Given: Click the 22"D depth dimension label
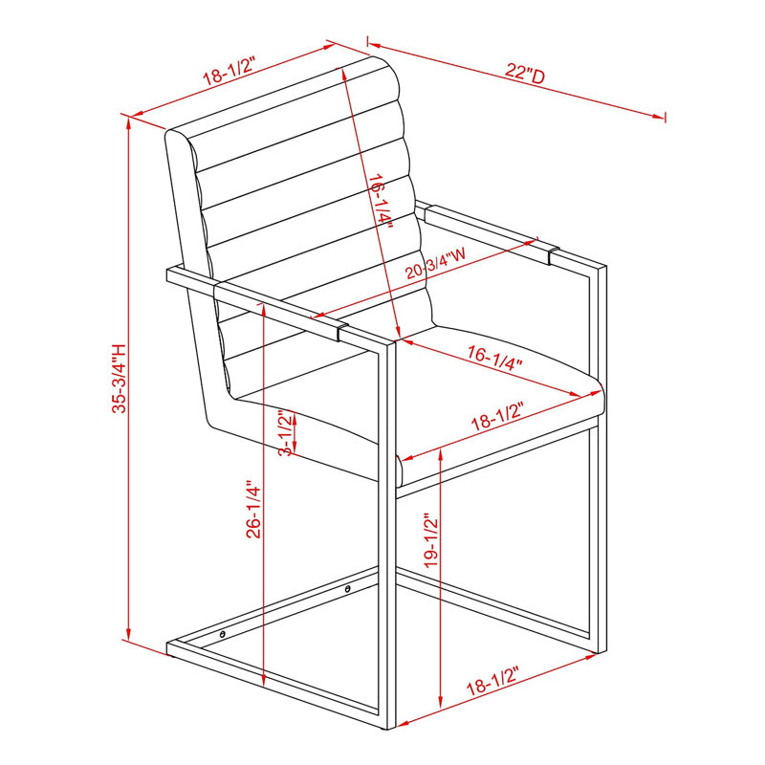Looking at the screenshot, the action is click(524, 74).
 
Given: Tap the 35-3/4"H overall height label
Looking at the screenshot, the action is click(119, 379).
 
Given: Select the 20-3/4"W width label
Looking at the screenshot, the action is click(435, 265).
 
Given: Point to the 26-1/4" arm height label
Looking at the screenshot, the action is click(253, 511).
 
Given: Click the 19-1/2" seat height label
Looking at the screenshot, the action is click(431, 540).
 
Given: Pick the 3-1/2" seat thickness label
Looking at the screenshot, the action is click(287, 433).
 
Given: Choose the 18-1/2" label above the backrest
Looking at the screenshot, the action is click(229, 72).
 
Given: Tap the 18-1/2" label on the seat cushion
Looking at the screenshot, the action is click(497, 416).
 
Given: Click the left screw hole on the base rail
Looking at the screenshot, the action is click(223, 634).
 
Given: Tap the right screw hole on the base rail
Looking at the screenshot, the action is click(347, 589).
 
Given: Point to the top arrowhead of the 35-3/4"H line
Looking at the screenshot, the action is click(128, 123).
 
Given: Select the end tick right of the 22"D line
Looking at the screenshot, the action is click(665, 117).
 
